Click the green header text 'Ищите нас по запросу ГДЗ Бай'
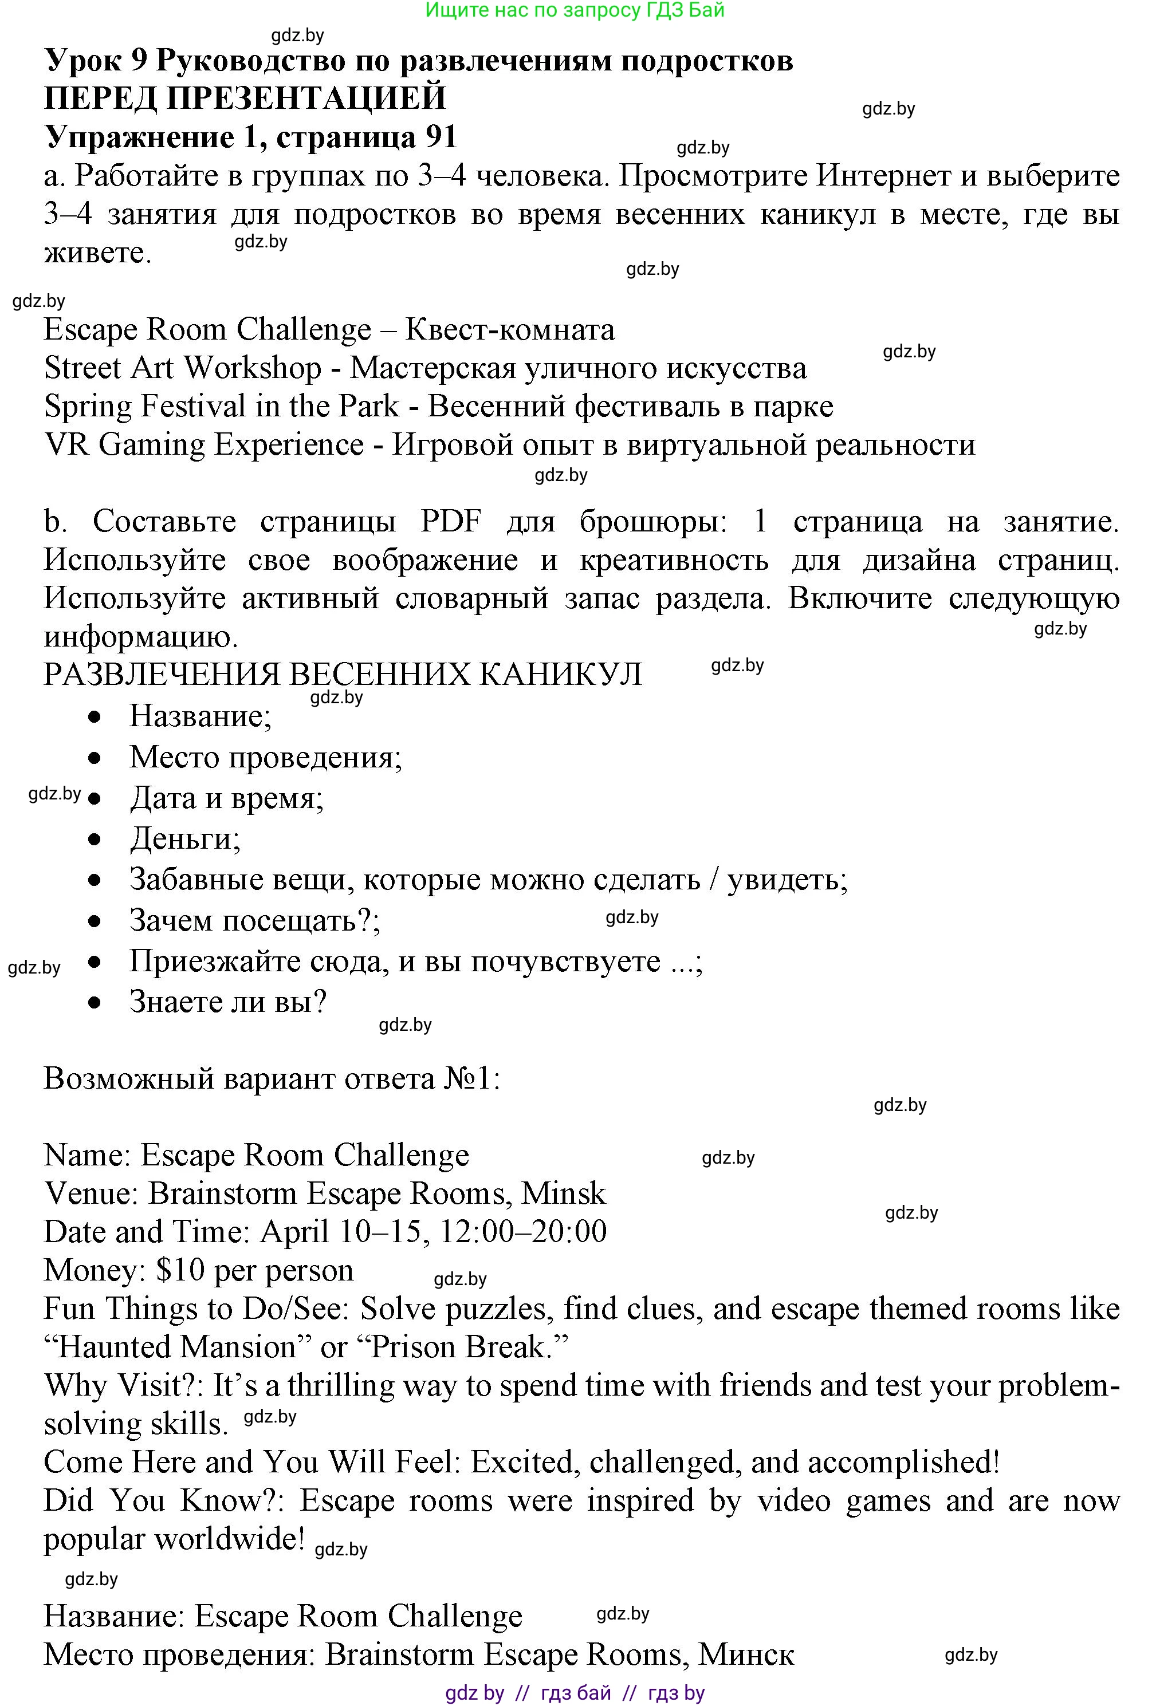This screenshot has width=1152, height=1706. [x=575, y=10]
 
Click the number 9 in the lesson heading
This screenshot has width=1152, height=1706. [x=140, y=60]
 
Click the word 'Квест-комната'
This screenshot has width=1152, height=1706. [x=510, y=330]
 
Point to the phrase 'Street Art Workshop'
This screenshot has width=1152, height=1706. [x=183, y=368]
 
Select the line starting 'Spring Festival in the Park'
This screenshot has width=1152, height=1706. [x=438, y=407]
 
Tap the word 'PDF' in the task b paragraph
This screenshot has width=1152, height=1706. [x=451, y=522]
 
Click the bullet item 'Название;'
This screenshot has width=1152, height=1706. [x=200, y=716]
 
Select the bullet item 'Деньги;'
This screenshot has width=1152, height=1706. [x=185, y=838]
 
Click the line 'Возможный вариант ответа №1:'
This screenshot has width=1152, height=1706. [x=272, y=1079]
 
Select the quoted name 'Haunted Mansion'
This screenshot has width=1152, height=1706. [x=177, y=1348]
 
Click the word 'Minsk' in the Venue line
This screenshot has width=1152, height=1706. [x=563, y=1193]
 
